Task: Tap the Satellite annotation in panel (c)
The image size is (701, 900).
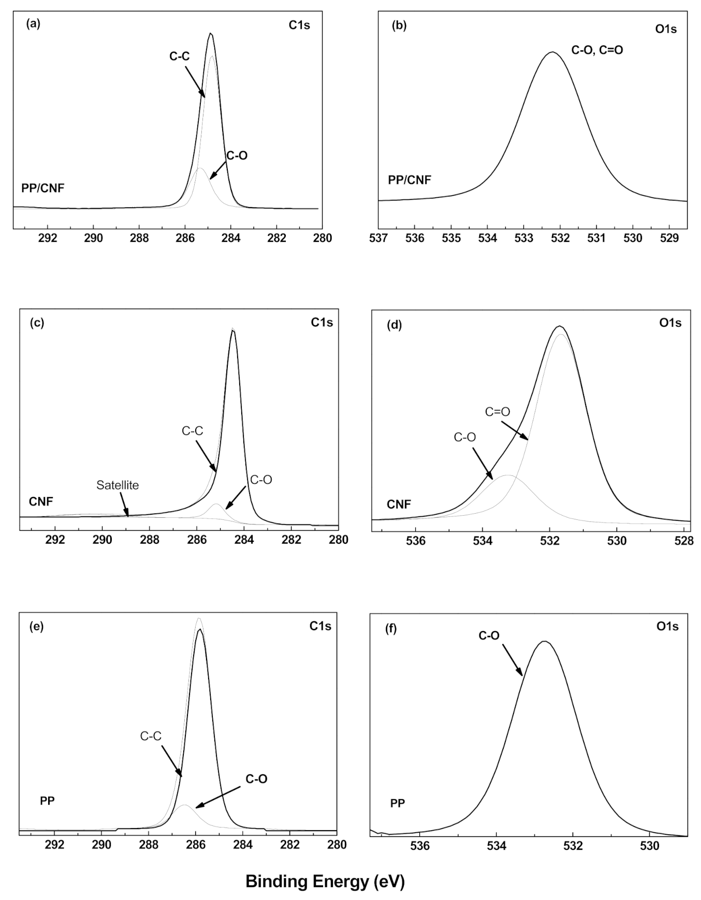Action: pyautogui.click(x=118, y=485)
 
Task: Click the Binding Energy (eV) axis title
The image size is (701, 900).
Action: pyautogui.click(x=325, y=881)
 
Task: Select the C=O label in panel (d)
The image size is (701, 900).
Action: pyautogui.click(x=497, y=412)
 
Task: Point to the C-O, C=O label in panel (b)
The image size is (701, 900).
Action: pyautogui.click(x=597, y=50)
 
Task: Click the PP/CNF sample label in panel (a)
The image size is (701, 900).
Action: pyautogui.click(x=43, y=188)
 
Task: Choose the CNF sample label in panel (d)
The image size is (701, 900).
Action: pyautogui.click(x=399, y=504)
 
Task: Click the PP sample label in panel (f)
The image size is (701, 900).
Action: pyautogui.click(x=398, y=803)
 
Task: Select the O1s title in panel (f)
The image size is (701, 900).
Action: pyautogui.click(x=667, y=627)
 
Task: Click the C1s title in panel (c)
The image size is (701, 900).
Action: pyautogui.click(x=322, y=323)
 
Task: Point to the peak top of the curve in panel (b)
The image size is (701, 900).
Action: pyautogui.click(x=552, y=52)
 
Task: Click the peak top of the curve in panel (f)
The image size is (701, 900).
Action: pyautogui.click(x=544, y=641)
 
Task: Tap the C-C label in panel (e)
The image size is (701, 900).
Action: pyautogui.click(x=151, y=736)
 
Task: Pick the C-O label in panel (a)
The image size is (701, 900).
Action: pyautogui.click(x=237, y=155)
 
